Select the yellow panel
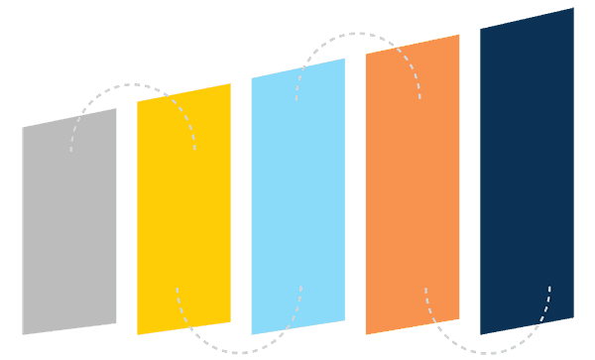(183, 209)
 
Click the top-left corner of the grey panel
(23, 127)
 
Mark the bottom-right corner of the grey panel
(116, 323)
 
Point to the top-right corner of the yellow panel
(230, 83)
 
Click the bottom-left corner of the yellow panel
(137, 334)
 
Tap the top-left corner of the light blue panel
(251, 77)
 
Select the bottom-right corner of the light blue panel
(345, 322)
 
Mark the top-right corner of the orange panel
(459, 35)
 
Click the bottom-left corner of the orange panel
(366, 334)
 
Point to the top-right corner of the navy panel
(573, 8)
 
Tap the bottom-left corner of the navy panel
(481, 334)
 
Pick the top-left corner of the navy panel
(481, 28)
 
